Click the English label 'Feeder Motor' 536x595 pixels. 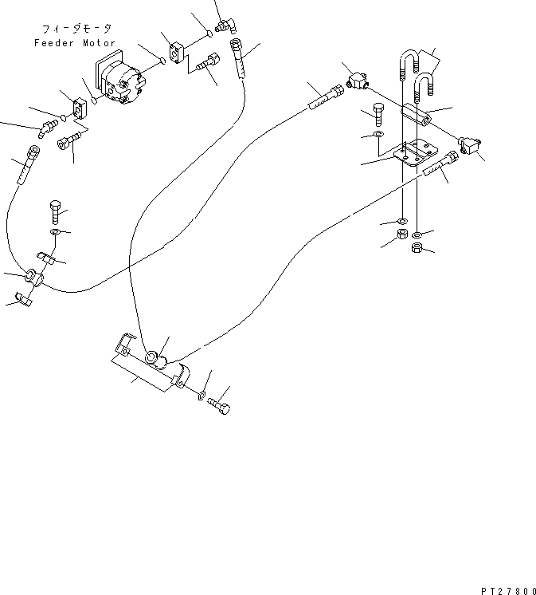75,43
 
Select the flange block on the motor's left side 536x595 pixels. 82,107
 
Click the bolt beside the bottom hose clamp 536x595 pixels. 221,407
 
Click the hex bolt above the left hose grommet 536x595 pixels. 55,211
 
